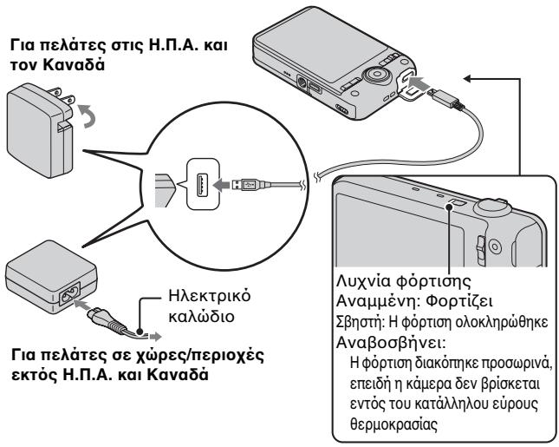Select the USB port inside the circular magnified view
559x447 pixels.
click(x=203, y=185)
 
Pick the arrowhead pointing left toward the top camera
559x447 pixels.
click(x=469, y=79)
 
